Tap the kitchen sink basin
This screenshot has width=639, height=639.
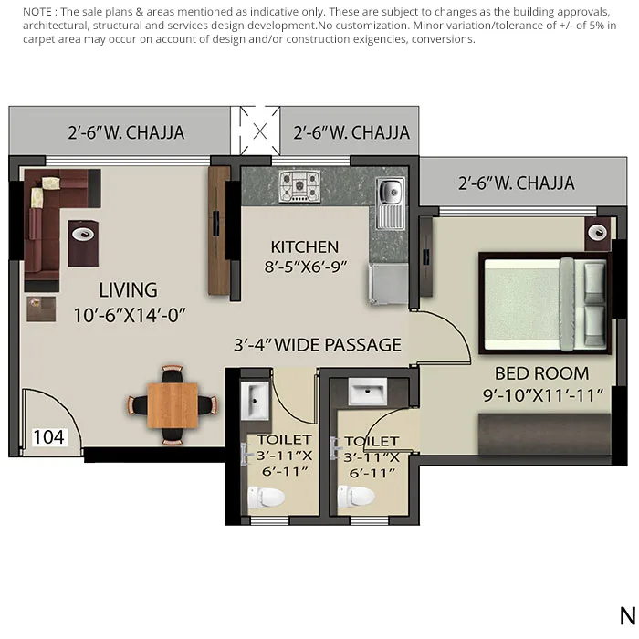pyautogui.click(x=390, y=193)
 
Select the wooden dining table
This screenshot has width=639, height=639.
pyautogui.click(x=173, y=403)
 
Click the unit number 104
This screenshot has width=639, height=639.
pyautogui.click(x=48, y=437)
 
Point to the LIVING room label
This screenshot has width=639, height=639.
pyautogui.click(x=128, y=290)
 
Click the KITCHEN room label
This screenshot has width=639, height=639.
pyautogui.click(x=305, y=247)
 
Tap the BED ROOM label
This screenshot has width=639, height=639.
pyautogui.click(x=542, y=373)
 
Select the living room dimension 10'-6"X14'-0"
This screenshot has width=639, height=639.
pyautogui.click(x=130, y=315)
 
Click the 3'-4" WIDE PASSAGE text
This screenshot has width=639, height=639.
pyautogui.click(x=318, y=345)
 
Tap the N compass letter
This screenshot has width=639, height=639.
pyautogui.click(x=626, y=614)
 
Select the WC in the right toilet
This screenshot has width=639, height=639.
pyautogui.click(x=357, y=497)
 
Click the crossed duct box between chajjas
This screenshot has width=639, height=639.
pyautogui.click(x=260, y=131)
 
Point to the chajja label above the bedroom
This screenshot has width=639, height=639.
pyautogui.click(x=517, y=183)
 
